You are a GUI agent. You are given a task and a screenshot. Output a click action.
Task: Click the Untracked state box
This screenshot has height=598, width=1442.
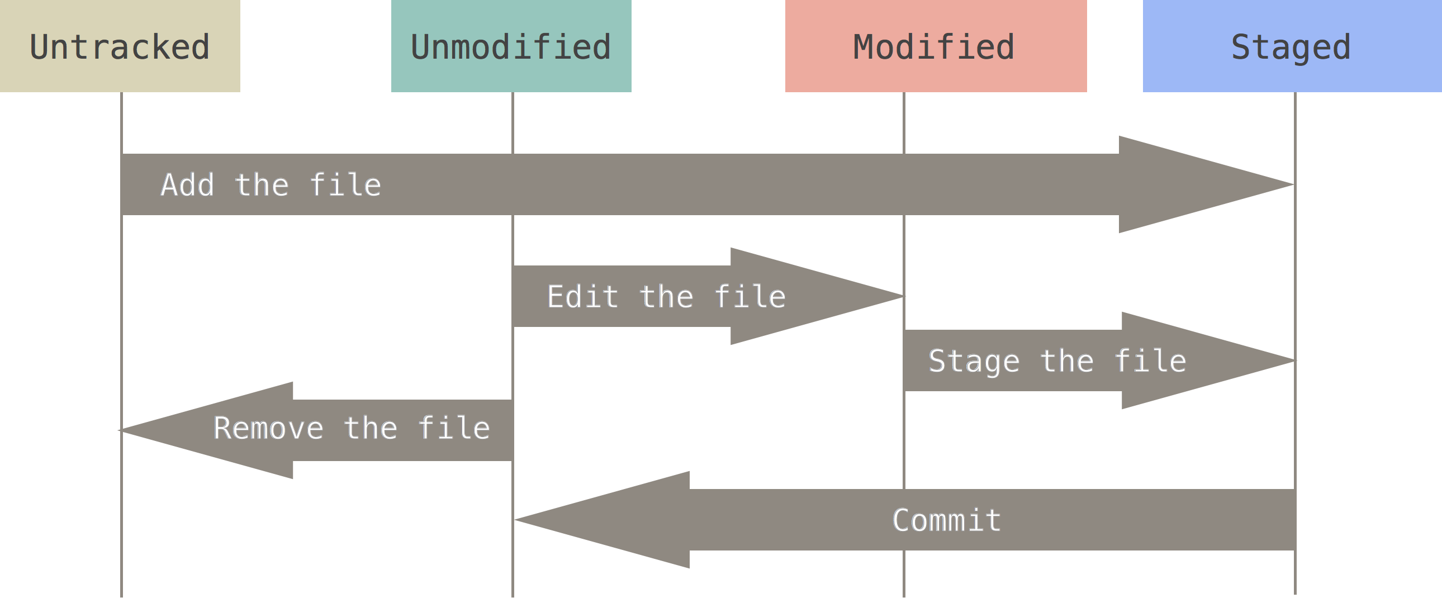(120, 46)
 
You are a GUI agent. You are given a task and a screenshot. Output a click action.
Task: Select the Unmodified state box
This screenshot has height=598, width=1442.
(511, 46)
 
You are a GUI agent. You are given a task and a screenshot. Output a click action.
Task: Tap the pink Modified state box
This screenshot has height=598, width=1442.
(936, 46)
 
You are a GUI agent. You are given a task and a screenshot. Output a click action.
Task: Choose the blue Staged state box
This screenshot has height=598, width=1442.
(1292, 46)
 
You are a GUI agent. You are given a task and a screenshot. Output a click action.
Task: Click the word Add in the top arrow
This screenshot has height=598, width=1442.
(188, 185)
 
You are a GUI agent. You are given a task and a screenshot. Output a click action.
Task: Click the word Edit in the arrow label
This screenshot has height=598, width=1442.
(582, 296)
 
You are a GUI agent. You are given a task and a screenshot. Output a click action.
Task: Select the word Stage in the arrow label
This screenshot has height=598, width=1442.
(974, 361)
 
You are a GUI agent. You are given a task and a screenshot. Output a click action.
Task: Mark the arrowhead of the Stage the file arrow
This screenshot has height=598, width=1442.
(1203, 360)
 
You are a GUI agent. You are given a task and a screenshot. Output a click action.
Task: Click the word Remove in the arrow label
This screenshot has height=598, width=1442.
(268, 429)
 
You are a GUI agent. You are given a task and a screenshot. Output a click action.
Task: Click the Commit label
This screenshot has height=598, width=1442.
(947, 520)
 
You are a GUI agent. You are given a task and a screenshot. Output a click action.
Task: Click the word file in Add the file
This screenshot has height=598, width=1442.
(345, 185)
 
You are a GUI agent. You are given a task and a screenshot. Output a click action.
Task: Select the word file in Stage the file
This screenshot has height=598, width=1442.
(1150, 361)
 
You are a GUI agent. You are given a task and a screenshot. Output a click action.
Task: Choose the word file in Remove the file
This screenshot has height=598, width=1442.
(454, 429)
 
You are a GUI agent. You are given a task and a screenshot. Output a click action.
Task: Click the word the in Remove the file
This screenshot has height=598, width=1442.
(371, 429)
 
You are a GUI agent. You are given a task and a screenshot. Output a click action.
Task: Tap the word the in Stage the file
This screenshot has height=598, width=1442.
(1067, 361)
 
